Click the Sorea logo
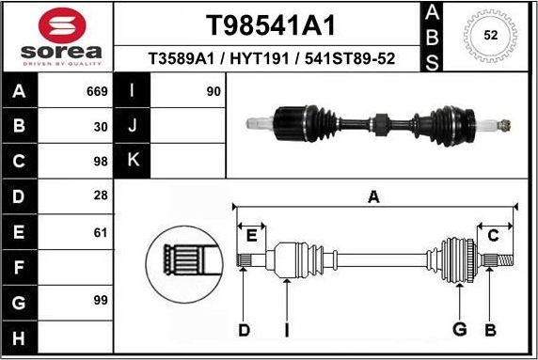[x=56, y=37]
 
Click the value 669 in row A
[x=97, y=92]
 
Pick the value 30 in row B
[x=101, y=125]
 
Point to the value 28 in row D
[x=101, y=196]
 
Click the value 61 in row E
[x=101, y=232]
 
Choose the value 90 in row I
[x=213, y=92]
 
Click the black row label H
[x=19, y=337]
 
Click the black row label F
[x=19, y=267]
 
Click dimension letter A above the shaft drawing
[x=373, y=196]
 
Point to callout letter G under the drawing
[x=460, y=329]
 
